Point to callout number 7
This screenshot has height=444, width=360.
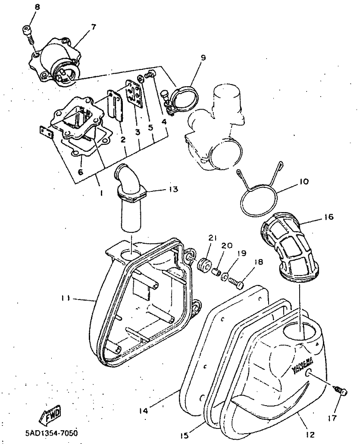93,26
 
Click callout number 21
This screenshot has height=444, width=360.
212,238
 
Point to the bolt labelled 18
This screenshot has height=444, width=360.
235,283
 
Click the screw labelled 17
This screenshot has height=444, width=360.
341,391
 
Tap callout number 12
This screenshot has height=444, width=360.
311,434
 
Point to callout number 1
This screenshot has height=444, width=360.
101,194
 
